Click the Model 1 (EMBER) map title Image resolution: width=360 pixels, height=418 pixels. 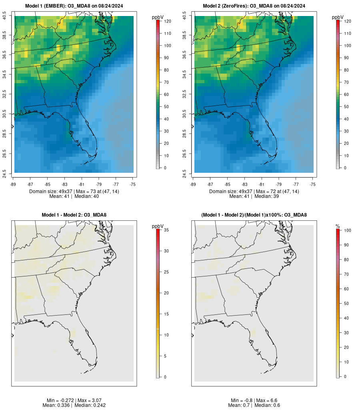pos(74,6)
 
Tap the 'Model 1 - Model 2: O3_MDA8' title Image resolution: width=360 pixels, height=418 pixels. pos(74,215)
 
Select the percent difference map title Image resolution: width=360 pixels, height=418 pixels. pos(254,215)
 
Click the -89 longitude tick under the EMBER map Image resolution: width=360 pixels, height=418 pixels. pos(14,184)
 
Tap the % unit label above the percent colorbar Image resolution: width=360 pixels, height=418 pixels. pos(338,226)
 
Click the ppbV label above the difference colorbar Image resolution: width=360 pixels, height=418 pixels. pos(158,226)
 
